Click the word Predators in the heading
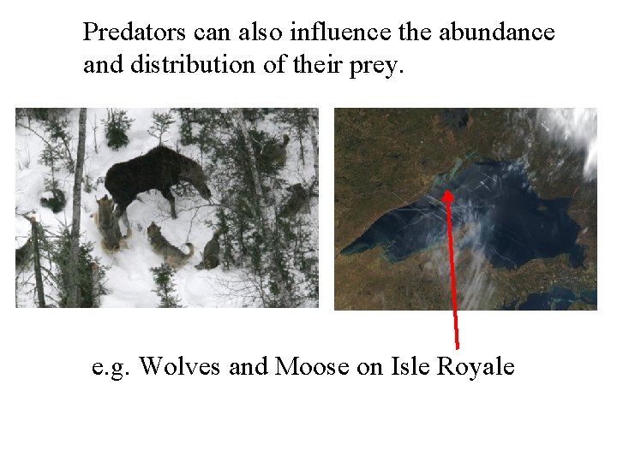tap(134, 33)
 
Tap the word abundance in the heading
tap(497, 33)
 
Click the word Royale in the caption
tap(476, 366)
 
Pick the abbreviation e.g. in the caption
tap(111, 368)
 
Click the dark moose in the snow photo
tap(154, 175)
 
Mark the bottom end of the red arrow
tap(458, 346)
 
